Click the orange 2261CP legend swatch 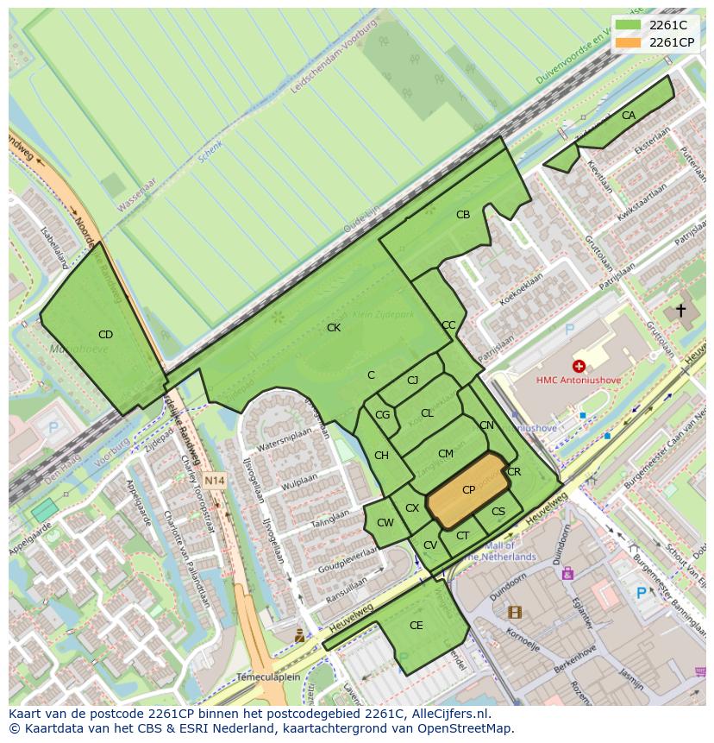click(629, 42)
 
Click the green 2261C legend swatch click(629, 25)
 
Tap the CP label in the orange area click(468, 490)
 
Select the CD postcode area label click(105, 335)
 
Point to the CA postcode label click(629, 116)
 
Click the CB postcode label click(463, 215)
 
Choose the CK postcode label click(334, 328)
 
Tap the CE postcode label click(416, 626)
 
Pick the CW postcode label click(385, 523)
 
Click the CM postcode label click(445, 454)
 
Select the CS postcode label click(498, 512)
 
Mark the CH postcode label click(381, 456)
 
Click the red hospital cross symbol click(579, 366)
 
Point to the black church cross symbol click(680, 310)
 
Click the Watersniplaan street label click(284, 438)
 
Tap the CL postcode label click(427, 414)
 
